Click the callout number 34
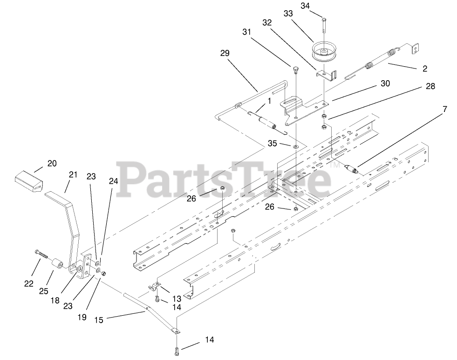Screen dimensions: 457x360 [x=318, y=6]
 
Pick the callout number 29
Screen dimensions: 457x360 [x=225, y=54]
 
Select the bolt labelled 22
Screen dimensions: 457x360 [x=42, y=255]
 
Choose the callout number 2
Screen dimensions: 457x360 [x=424, y=69]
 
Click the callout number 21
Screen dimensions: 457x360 [x=72, y=175]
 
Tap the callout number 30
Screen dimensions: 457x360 [x=385, y=84]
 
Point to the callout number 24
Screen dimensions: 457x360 [x=114, y=181]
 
